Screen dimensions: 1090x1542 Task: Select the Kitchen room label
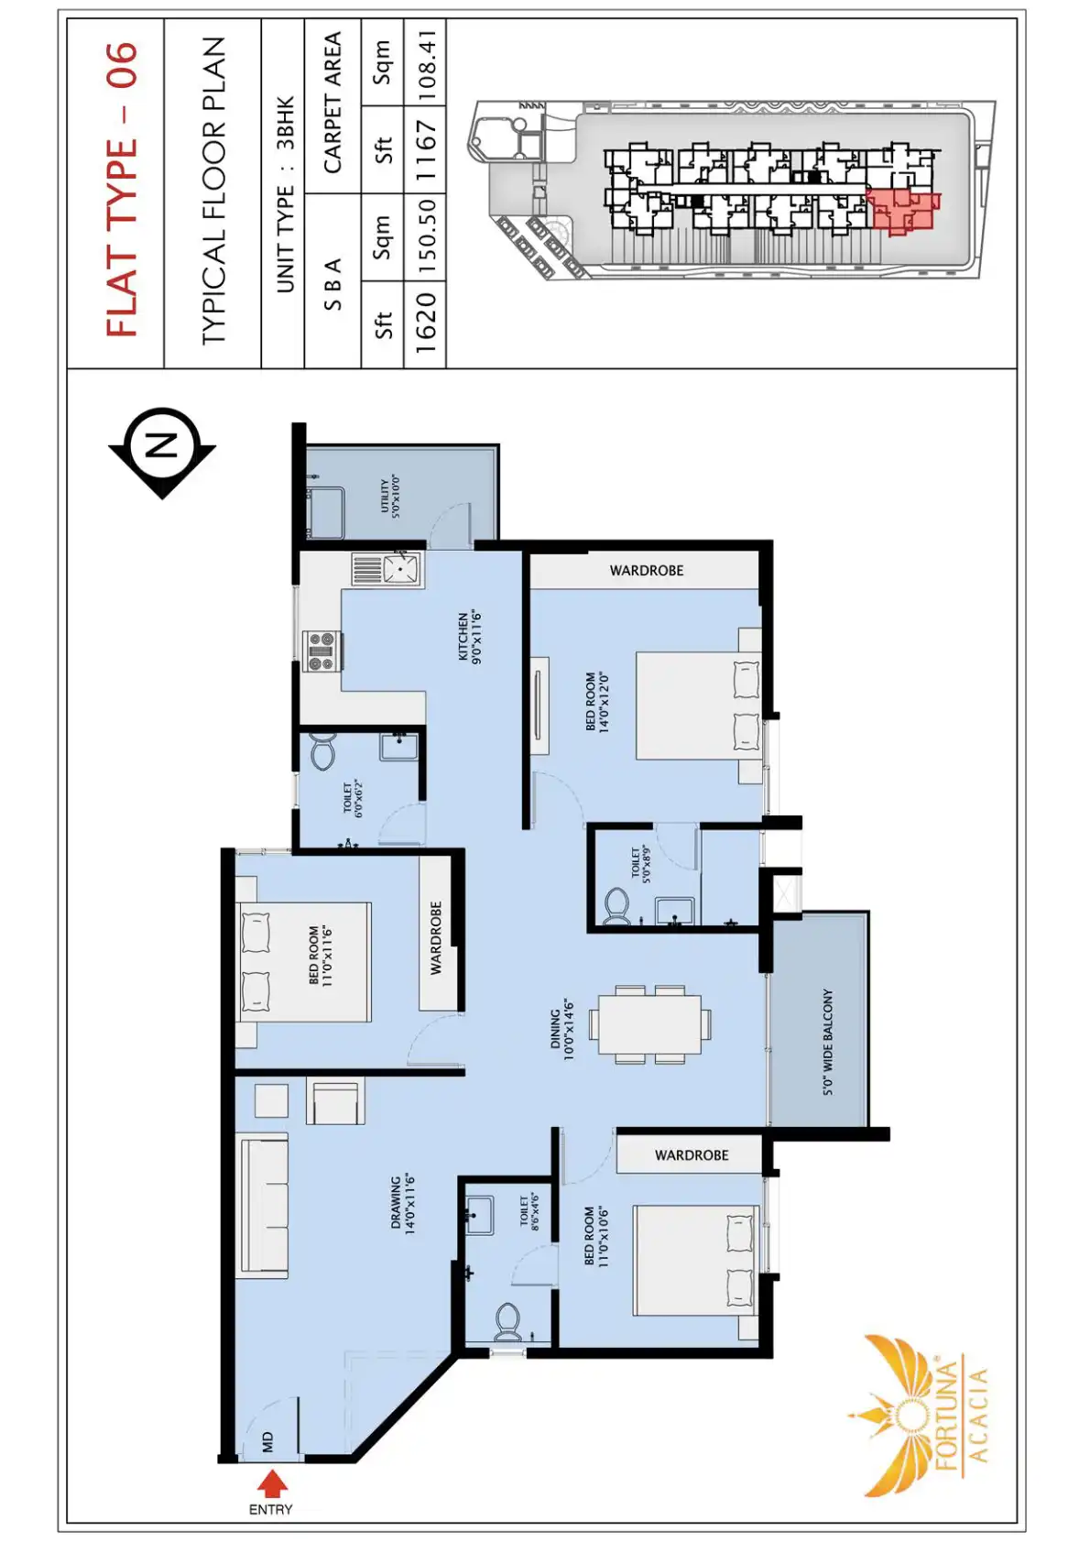click(468, 638)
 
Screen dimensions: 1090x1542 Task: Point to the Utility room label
click(389, 496)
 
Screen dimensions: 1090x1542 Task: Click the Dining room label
click(561, 1030)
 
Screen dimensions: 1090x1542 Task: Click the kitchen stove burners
click(322, 651)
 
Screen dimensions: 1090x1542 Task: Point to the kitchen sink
click(387, 569)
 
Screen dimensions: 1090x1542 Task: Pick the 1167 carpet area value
click(426, 150)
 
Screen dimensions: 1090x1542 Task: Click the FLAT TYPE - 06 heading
click(123, 190)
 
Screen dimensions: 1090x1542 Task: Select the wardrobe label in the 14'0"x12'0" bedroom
click(646, 570)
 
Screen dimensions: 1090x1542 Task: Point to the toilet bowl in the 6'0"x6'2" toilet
click(322, 754)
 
